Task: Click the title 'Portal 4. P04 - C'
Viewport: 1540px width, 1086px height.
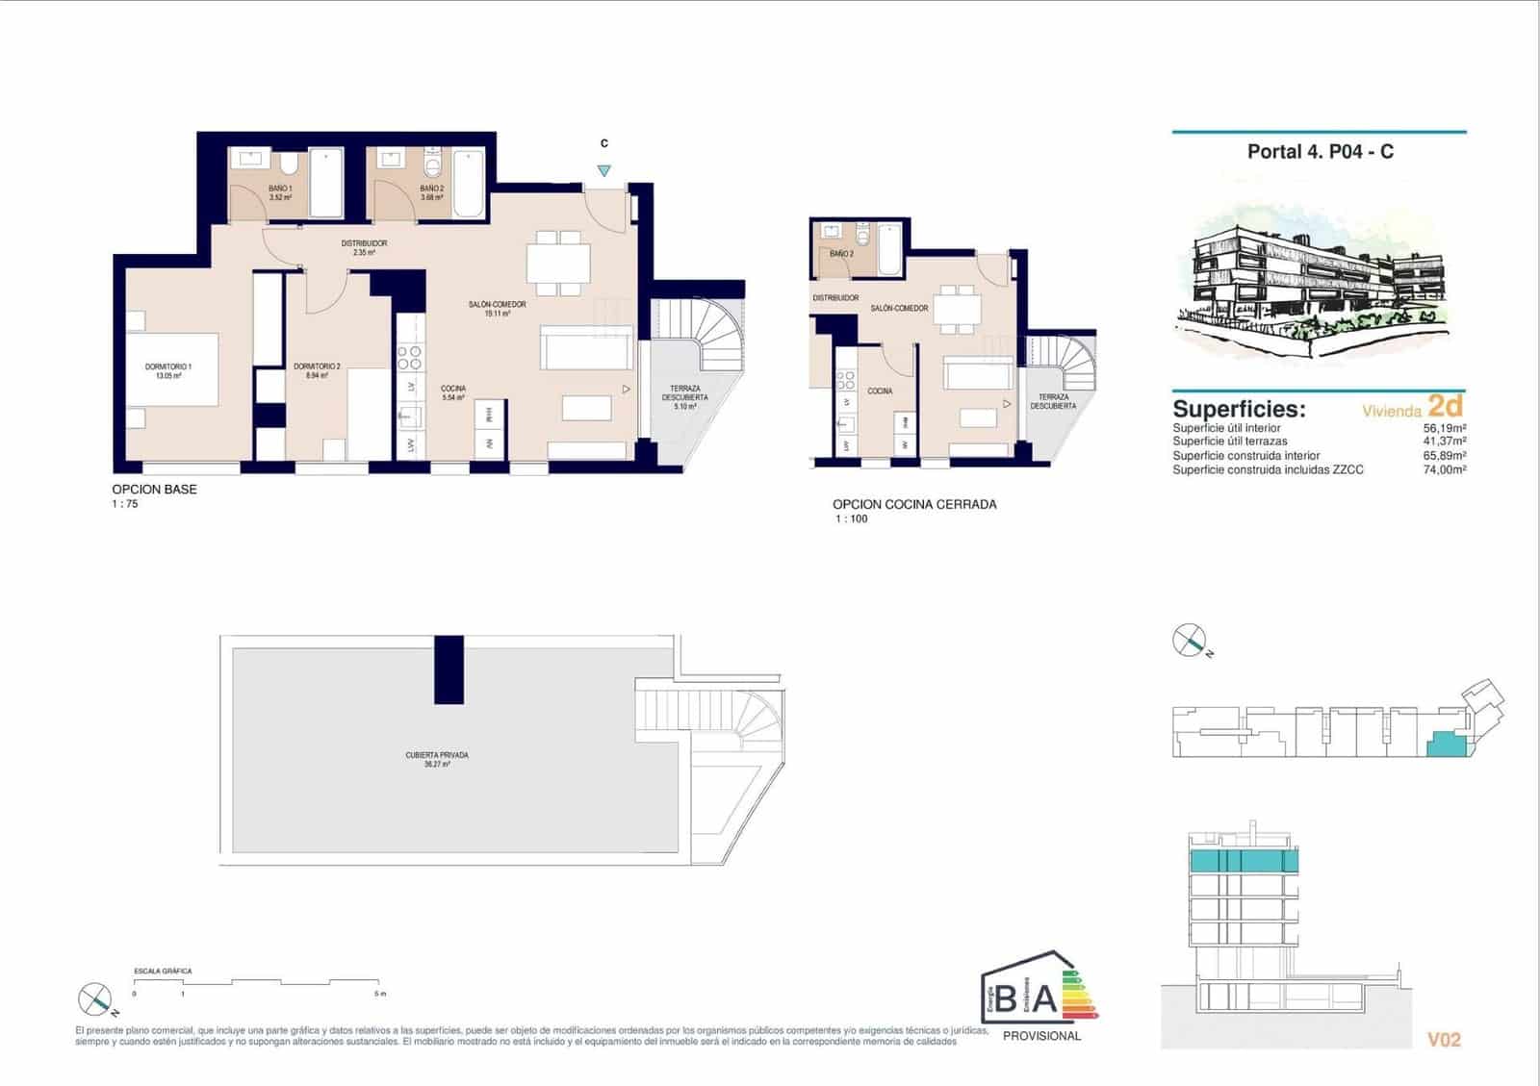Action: (1320, 152)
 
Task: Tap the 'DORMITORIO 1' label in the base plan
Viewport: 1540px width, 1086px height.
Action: (168, 366)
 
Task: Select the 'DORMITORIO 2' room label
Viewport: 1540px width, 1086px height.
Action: (317, 366)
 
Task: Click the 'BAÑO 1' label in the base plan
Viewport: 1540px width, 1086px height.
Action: (280, 189)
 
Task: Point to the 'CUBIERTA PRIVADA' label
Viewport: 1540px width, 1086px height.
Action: (437, 755)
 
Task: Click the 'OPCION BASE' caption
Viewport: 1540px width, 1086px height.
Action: (154, 489)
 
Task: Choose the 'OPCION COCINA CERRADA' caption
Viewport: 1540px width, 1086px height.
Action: (914, 504)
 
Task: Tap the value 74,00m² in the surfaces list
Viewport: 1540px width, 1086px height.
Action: (1444, 470)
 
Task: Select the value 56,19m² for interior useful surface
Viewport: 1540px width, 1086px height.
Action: (1444, 428)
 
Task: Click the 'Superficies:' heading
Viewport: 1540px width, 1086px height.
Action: (1239, 409)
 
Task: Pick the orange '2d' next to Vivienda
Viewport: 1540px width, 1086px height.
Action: (1446, 406)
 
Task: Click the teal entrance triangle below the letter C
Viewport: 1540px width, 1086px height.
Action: (603, 171)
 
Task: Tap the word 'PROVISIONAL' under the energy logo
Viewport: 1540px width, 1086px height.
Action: (1041, 1036)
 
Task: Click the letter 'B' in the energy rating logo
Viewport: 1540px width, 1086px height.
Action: (1005, 1000)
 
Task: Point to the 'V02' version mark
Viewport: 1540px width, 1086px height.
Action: (1444, 1040)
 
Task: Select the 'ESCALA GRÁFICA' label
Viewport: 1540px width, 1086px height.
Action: (163, 972)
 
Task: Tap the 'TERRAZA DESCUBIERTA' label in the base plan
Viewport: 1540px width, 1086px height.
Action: (684, 393)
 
